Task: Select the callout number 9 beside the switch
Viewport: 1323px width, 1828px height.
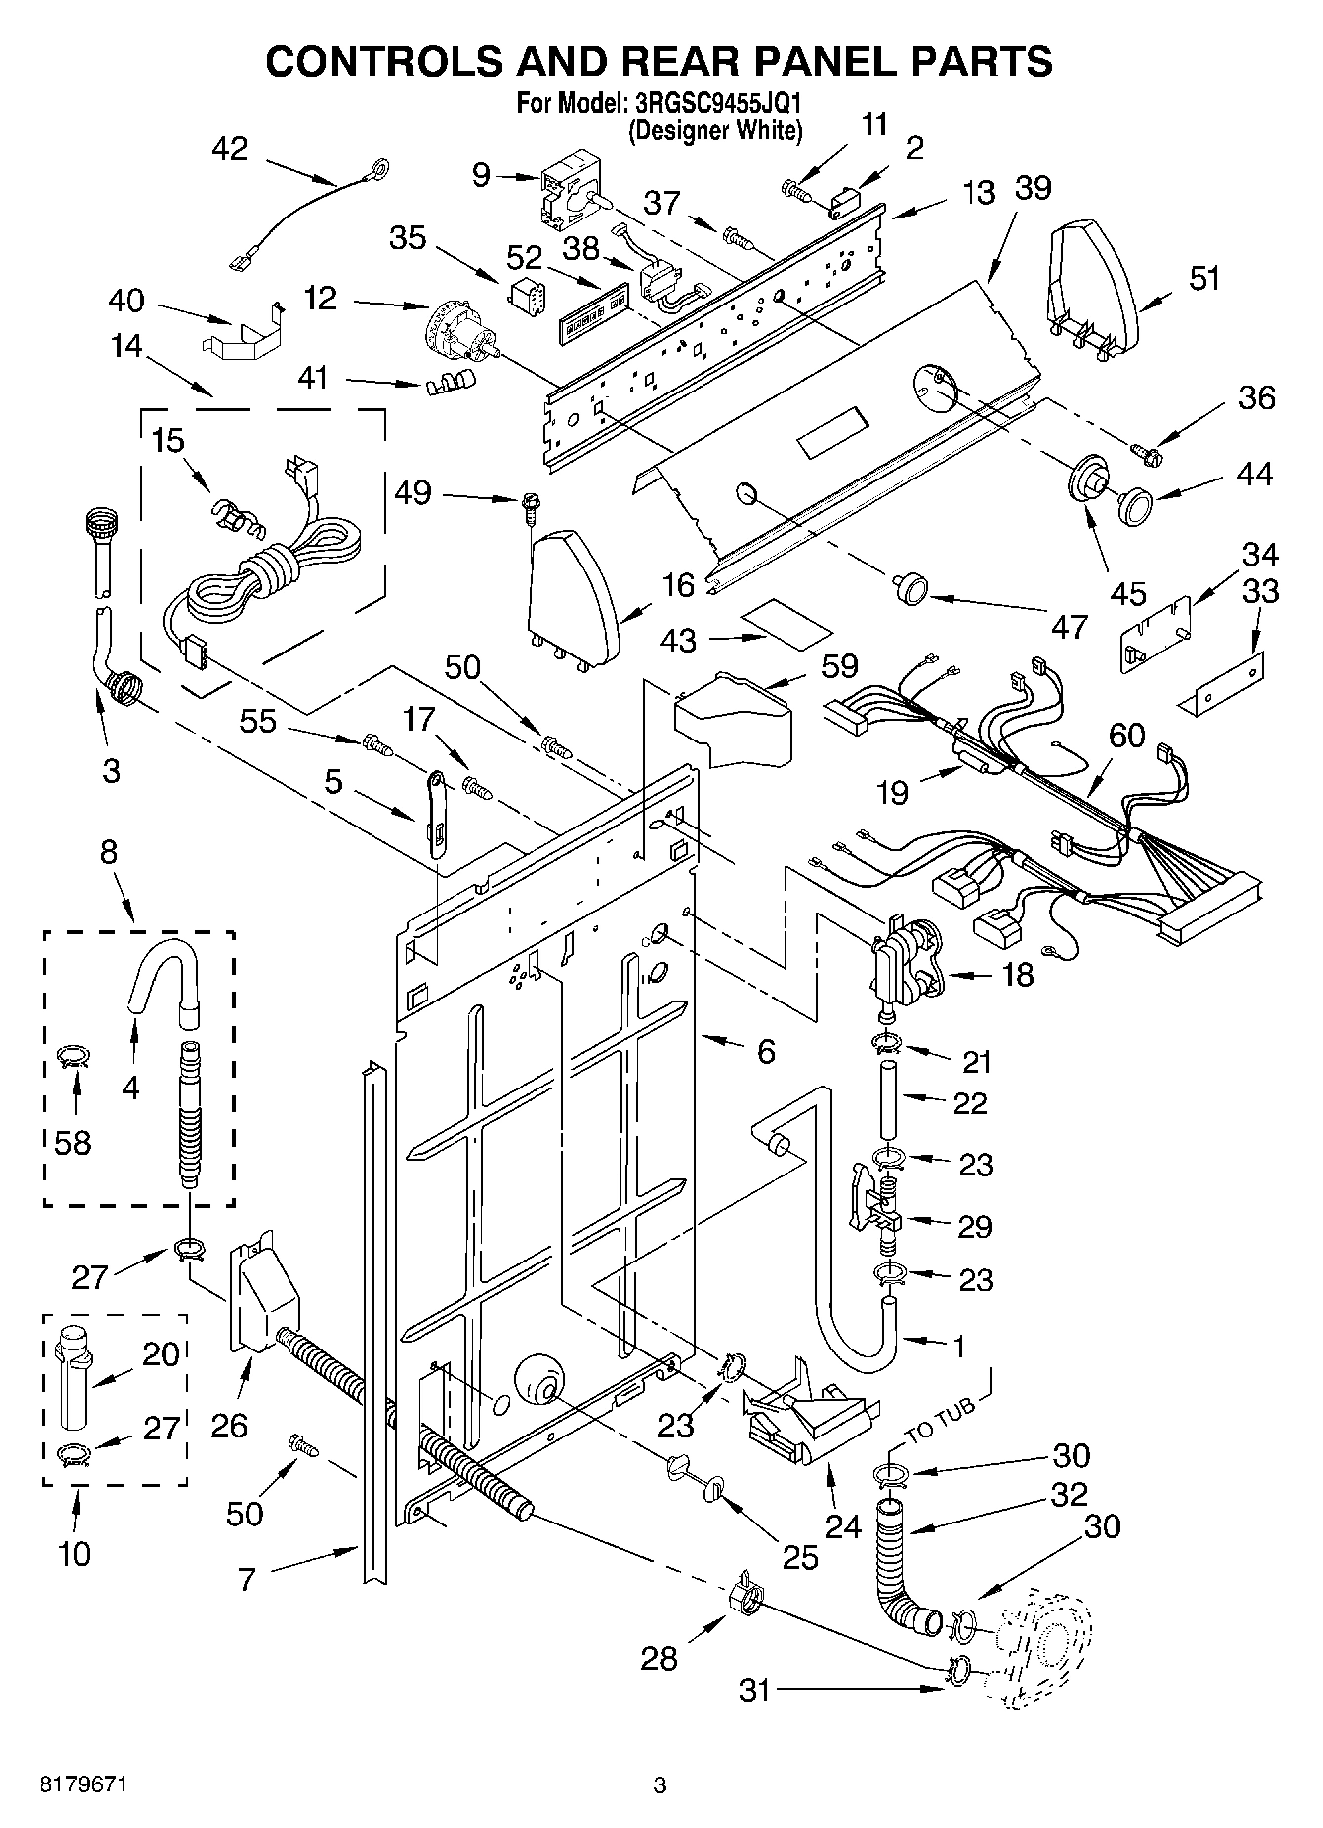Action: tap(481, 175)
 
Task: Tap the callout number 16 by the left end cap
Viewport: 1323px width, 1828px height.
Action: tap(678, 585)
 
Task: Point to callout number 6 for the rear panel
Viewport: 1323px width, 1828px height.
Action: tap(766, 1052)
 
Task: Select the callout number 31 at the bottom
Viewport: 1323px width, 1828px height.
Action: tap(754, 1692)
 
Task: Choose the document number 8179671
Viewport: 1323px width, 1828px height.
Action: tap(83, 1785)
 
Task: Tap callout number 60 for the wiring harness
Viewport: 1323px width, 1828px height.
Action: tap(1126, 735)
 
